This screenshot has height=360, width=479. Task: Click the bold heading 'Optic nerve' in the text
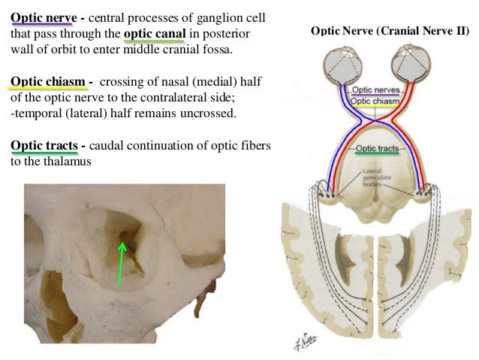tap(44, 17)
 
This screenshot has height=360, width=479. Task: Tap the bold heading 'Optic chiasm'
tap(47, 82)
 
